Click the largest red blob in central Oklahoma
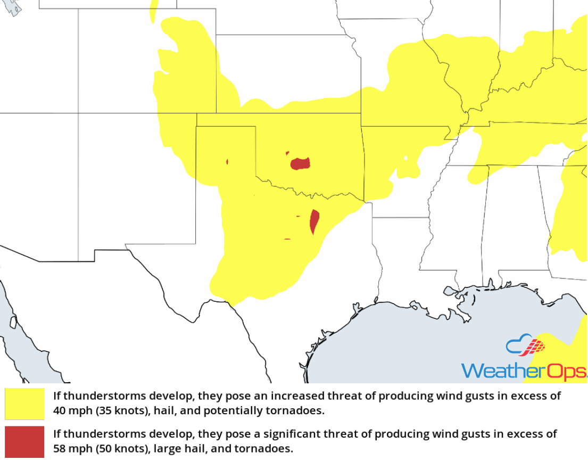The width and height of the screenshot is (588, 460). [x=301, y=163]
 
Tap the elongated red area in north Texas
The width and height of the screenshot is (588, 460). [x=314, y=221]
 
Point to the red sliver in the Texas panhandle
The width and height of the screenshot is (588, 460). [x=227, y=161]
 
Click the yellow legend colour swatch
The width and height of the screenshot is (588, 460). [x=24, y=404]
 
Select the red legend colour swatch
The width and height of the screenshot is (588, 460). [x=24, y=441]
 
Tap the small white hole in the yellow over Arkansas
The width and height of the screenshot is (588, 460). [x=405, y=158]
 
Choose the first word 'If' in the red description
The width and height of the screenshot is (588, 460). [x=57, y=434]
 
